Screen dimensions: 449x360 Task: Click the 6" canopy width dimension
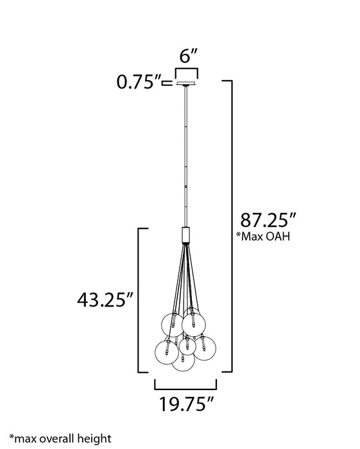click(x=186, y=56)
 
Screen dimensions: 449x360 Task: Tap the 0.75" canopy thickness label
click(x=137, y=82)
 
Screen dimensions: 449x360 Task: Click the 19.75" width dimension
click(x=186, y=404)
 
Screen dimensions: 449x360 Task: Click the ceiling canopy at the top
click(x=186, y=82)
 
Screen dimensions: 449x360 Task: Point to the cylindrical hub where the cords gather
click(x=185, y=235)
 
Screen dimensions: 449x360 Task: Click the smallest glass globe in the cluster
click(x=187, y=345)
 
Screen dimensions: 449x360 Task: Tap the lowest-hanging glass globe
click(x=184, y=360)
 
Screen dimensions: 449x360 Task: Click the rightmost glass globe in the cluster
click(x=204, y=348)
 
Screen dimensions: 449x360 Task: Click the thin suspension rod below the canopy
click(x=185, y=154)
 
